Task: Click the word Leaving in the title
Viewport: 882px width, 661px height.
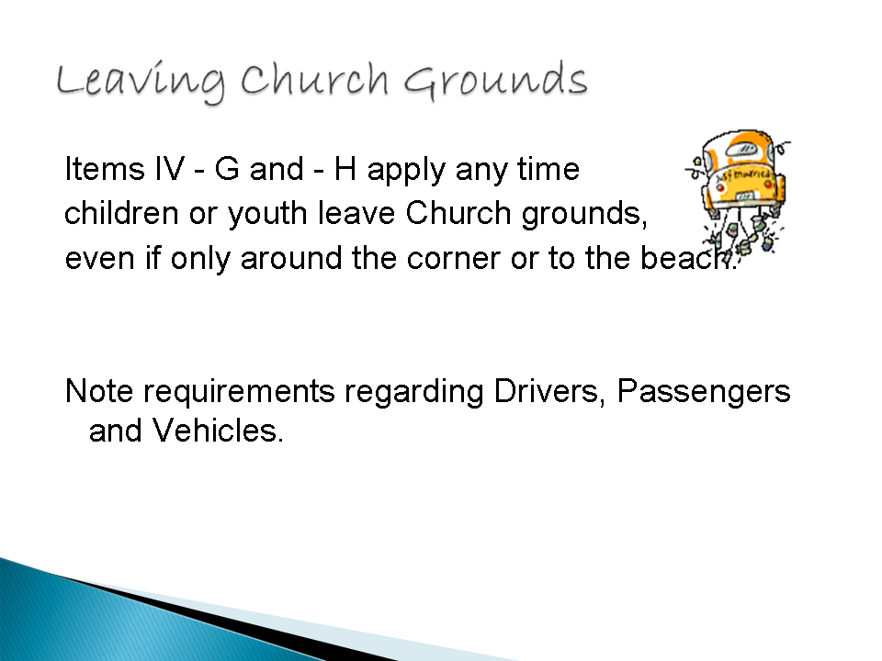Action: tap(141, 82)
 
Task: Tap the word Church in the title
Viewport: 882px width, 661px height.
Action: tap(314, 79)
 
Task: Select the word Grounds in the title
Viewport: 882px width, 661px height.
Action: tap(495, 81)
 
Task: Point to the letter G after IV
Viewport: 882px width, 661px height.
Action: tap(227, 168)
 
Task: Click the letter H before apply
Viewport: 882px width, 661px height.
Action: tap(345, 168)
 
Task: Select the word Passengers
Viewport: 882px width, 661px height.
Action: tap(704, 392)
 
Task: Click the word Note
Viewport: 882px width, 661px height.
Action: tap(99, 391)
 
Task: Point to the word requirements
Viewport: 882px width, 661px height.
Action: tap(239, 392)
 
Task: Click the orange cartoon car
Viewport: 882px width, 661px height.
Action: tap(738, 191)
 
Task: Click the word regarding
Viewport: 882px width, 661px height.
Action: tap(414, 392)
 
